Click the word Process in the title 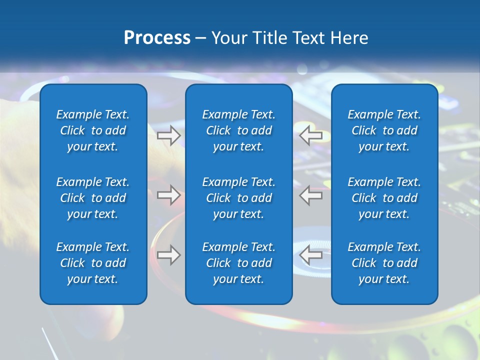pyautogui.click(x=157, y=38)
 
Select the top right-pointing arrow pyautogui.click(x=168, y=135)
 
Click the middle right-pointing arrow pyautogui.click(x=168, y=195)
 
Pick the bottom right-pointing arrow pyautogui.click(x=168, y=255)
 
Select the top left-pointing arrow pyautogui.click(x=311, y=135)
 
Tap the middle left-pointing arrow pyautogui.click(x=311, y=195)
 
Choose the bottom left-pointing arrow pyautogui.click(x=311, y=255)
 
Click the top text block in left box pyautogui.click(x=93, y=130)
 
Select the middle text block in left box pyautogui.click(x=93, y=198)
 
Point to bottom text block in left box pyautogui.click(x=93, y=263)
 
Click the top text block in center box pyautogui.click(x=238, y=130)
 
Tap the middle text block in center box pyautogui.click(x=238, y=198)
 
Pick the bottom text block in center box pyautogui.click(x=238, y=263)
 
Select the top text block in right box pyautogui.click(x=384, y=130)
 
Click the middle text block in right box pyautogui.click(x=384, y=198)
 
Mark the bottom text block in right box pyautogui.click(x=384, y=263)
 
